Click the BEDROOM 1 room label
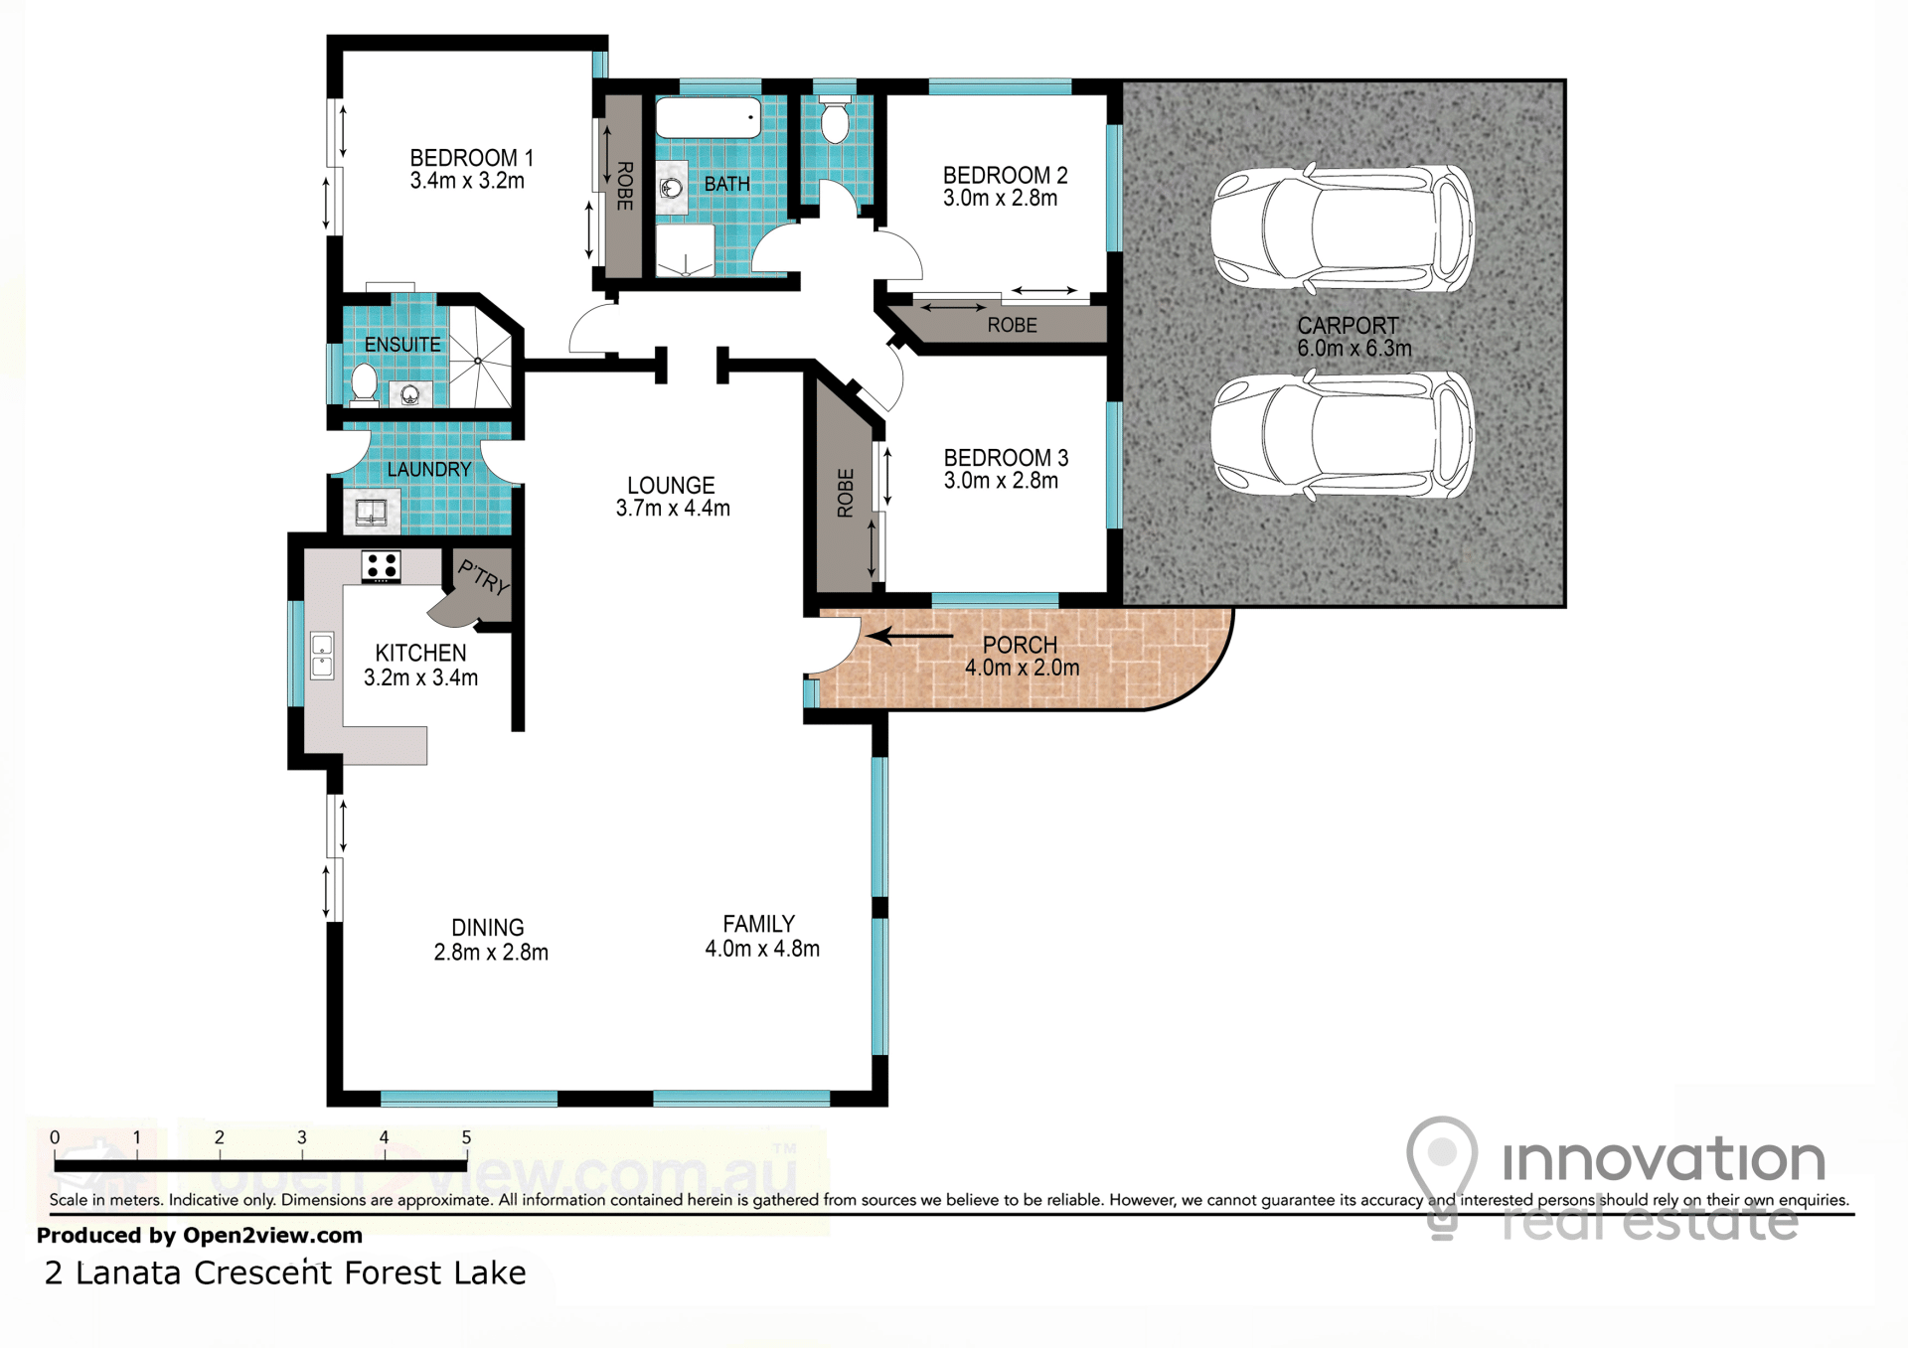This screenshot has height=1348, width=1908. pyautogui.click(x=472, y=158)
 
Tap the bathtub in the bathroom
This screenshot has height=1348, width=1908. pyautogui.click(x=709, y=118)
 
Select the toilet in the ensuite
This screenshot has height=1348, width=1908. pyautogui.click(x=364, y=385)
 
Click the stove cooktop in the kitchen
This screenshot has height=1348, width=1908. pyautogui.click(x=381, y=566)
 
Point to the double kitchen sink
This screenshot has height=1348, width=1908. pyautogui.click(x=322, y=656)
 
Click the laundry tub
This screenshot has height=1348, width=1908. pyautogui.click(x=372, y=513)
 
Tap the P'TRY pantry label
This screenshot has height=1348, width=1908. pyautogui.click(x=484, y=577)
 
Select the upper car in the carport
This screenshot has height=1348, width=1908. pyautogui.click(x=1343, y=229)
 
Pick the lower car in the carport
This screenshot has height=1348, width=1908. pyautogui.click(x=1343, y=435)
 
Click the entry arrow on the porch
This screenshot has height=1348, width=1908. pyautogui.click(x=909, y=636)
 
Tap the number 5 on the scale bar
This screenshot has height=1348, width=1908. pyautogui.click(x=466, y=1137)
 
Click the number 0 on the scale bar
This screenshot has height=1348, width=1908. pyautogui.click(x=55, y=1137)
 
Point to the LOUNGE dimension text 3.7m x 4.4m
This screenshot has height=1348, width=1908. pyautogui.click(x=673, y=509)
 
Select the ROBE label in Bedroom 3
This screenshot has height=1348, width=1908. pyautogui.click(x=846, y=493)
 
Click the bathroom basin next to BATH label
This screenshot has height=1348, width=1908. pyautogui.click(x=672, y=187)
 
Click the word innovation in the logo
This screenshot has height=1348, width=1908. pyautogui.click(x=1664, y=1158)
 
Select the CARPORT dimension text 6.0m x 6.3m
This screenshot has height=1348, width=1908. pyautogui.click(x=1354, y=349)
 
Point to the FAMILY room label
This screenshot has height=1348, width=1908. pyautogui.click(x=759, y=924)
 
